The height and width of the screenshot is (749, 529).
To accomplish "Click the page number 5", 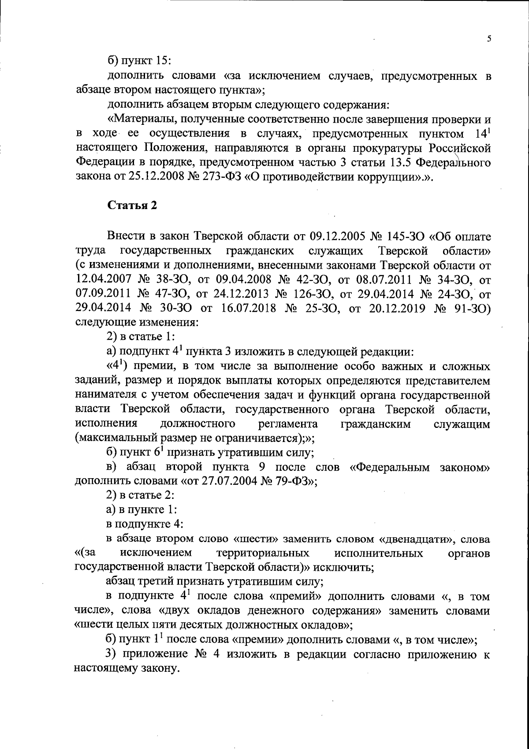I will [x=489, y=39].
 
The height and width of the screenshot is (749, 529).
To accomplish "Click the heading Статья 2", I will [x=132, y=206].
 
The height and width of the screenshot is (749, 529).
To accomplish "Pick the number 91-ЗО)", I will [x=472, y=308].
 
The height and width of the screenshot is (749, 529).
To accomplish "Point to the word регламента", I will [x=288, y=424].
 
